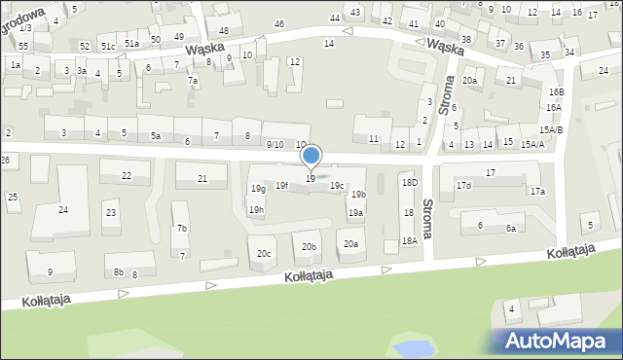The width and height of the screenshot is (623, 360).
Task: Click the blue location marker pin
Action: (x=311, y=156)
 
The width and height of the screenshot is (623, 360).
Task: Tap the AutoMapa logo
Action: (x=555, y=341)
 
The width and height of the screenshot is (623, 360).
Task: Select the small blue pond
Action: (x=409, y=347)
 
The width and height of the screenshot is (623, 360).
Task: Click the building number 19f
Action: (x=281, y=185)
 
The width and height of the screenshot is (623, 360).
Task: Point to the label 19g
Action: (x=257, y=189)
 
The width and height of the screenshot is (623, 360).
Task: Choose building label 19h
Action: (x=256, y=209)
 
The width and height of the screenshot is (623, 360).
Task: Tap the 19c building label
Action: (x=337, y=185)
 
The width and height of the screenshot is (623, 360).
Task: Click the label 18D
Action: (x=410, y=182)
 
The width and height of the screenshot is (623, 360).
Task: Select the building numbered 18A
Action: (x=410, y=240)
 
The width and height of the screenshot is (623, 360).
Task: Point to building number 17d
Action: (x=463, y=185)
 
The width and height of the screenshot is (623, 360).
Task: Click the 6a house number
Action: (x=510, y=229)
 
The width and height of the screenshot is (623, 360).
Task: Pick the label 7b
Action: (x=181, y=229)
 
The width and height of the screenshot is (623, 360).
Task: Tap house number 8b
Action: (x=118, y=272)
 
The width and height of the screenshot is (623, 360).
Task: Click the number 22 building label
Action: (x=127, y=176)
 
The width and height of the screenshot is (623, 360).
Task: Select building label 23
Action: (x=111, y=213)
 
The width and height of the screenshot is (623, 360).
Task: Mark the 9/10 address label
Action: (x=275, y=144)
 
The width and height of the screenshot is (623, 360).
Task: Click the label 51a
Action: (x=131, y=44)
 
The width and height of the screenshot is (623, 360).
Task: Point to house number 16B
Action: (x=556, y=91)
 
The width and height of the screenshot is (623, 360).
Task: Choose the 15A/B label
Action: (x=553, y=129)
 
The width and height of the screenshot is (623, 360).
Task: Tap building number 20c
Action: (x=264, y=253)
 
